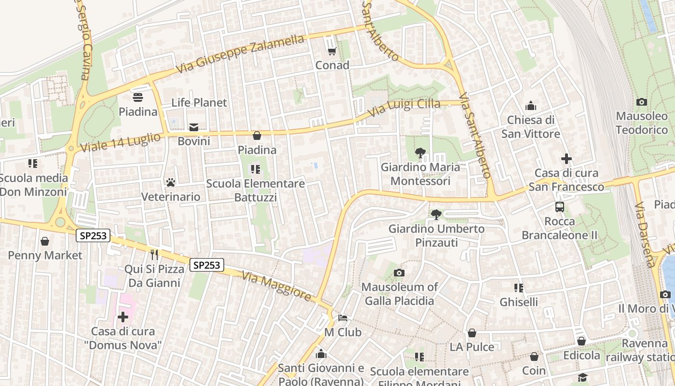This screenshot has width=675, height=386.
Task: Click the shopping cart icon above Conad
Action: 332,51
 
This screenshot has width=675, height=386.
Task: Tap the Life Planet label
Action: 199,102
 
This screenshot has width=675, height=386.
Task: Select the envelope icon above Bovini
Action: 194,127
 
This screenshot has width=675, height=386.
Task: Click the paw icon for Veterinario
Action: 171,182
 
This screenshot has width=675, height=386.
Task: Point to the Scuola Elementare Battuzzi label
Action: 256,191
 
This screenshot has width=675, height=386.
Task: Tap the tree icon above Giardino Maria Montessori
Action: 420,153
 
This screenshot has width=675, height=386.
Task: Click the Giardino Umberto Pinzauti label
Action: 436,235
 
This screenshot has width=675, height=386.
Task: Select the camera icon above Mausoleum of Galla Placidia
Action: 399,273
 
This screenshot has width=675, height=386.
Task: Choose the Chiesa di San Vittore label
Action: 531,127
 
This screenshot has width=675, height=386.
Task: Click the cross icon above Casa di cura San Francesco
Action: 567,158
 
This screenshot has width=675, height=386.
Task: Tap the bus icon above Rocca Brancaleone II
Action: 560,207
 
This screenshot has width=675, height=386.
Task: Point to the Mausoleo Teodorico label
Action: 642,123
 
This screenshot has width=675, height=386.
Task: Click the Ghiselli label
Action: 519,302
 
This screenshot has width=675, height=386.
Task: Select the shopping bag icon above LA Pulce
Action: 472,333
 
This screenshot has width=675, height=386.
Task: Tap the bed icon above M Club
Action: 343,318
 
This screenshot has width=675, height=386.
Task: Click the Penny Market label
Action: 45,255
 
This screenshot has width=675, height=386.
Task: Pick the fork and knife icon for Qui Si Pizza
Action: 154,254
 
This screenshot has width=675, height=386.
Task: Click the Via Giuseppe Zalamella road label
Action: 240,54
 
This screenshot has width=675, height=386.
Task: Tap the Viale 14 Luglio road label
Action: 121,143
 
